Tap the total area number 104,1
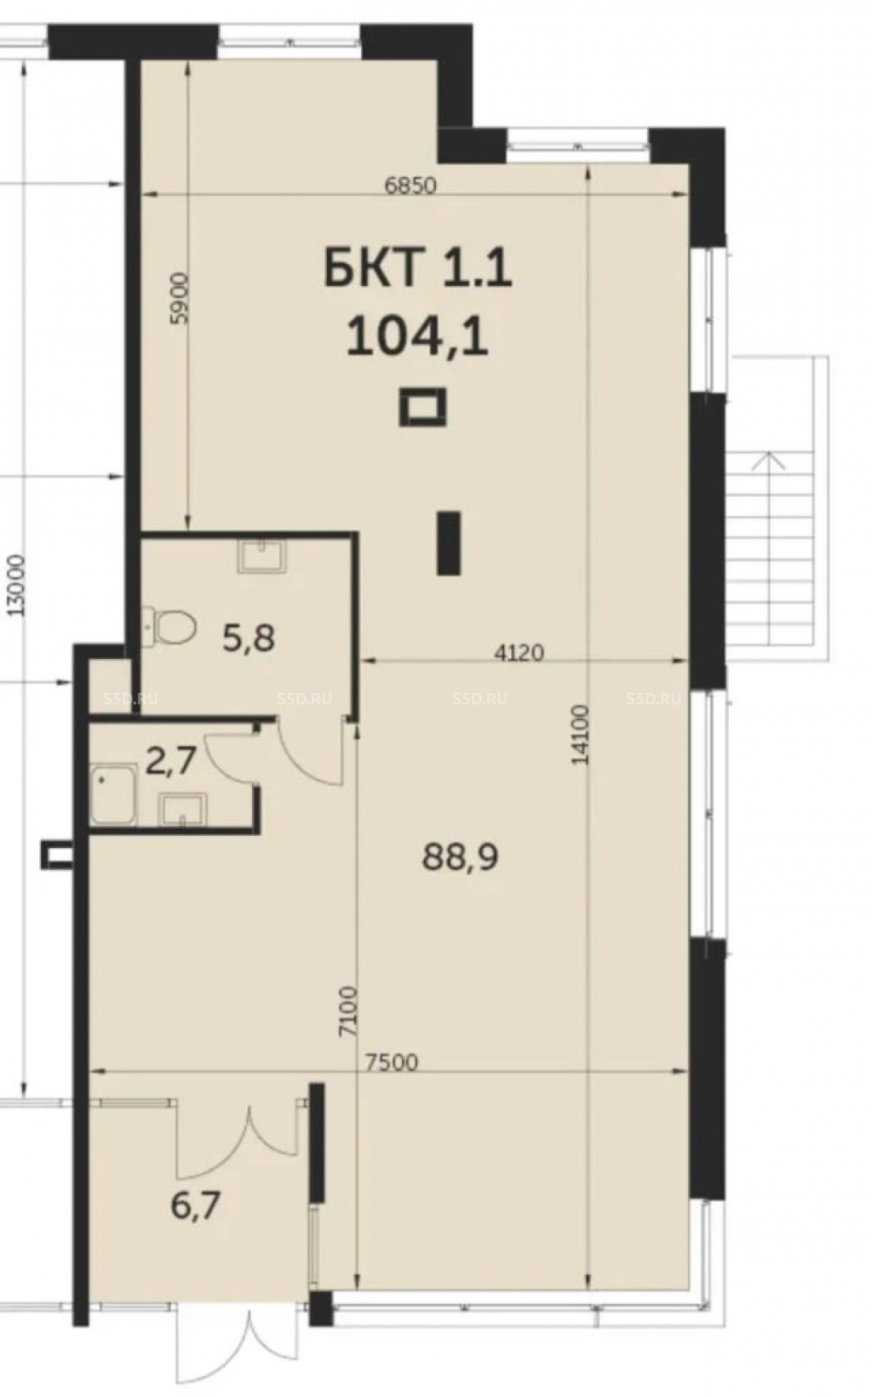(x=417, y=336)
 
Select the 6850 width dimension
(x=410, y=186)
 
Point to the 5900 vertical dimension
(x=179, y=298)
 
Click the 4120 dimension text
(x=519, y=653)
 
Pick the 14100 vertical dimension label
(x=580, y=735)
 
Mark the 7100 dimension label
(x=348, y=1011)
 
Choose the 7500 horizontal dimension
(x=392, y=1062)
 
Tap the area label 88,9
(x=460, y=857)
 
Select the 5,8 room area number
(x=249, y=639)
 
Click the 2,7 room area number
(x=171, y=762)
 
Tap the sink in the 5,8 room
(x=262, y=556)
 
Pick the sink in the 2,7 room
(x=182, y=809)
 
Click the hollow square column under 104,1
(x=423, y=407)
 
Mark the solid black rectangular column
(x=448, y=542)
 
